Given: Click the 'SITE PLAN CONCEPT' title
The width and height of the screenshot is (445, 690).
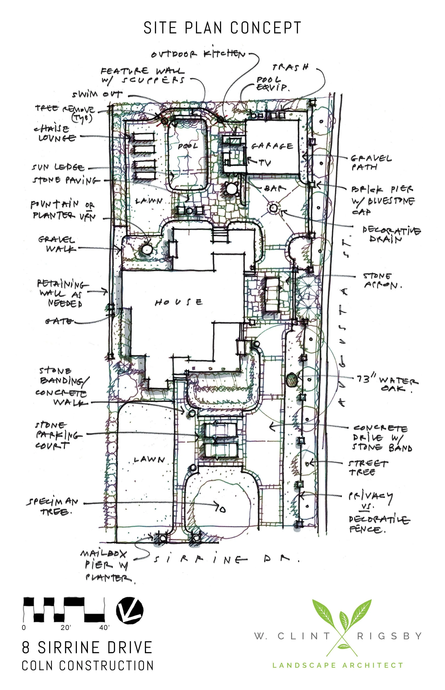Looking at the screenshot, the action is pos(222,28).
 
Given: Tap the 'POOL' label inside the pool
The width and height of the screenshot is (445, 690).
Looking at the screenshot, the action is pos(188,146).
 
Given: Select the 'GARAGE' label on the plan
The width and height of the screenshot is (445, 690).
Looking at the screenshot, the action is pos(272,146).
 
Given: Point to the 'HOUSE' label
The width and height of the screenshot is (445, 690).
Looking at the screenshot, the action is pos(179,303).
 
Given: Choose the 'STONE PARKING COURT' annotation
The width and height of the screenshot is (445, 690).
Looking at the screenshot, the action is pos(55,435).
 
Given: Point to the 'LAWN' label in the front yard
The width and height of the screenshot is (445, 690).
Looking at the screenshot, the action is pos(149,460).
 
